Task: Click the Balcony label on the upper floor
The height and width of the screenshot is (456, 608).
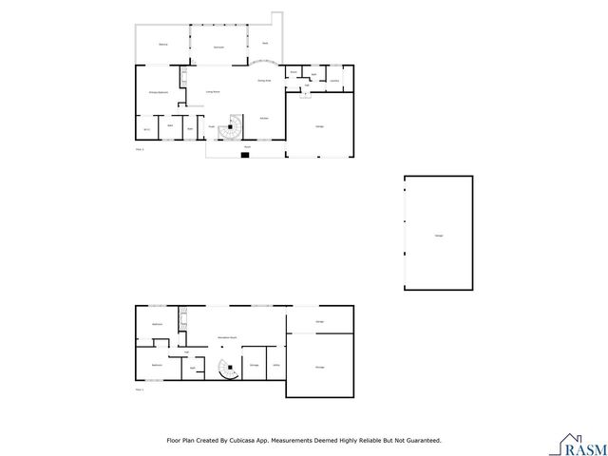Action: click(163, 45)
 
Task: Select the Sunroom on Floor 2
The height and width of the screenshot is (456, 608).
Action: click(218, 45)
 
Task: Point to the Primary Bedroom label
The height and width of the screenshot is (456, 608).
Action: click(159, 92)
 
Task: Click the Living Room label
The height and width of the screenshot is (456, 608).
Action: click(214, 91)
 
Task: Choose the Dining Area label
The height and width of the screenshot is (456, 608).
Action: click(264, 82)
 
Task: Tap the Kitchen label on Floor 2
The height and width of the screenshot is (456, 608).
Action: click(263, 117)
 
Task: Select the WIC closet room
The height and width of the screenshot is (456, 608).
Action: click(148, 128)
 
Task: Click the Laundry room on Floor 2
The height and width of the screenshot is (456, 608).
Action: click(334, 80)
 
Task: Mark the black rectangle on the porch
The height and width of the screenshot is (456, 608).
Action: click(244, 154)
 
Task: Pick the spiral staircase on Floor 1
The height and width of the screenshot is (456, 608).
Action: click(227, 369)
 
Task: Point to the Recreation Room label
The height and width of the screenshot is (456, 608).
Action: click(228, 337)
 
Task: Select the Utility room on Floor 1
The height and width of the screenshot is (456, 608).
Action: click(275, 365)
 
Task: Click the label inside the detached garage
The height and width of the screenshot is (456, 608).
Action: click(438, 235)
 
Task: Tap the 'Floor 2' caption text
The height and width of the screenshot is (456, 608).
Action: click(140, 149)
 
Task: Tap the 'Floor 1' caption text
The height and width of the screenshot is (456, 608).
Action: click(140, 389)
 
